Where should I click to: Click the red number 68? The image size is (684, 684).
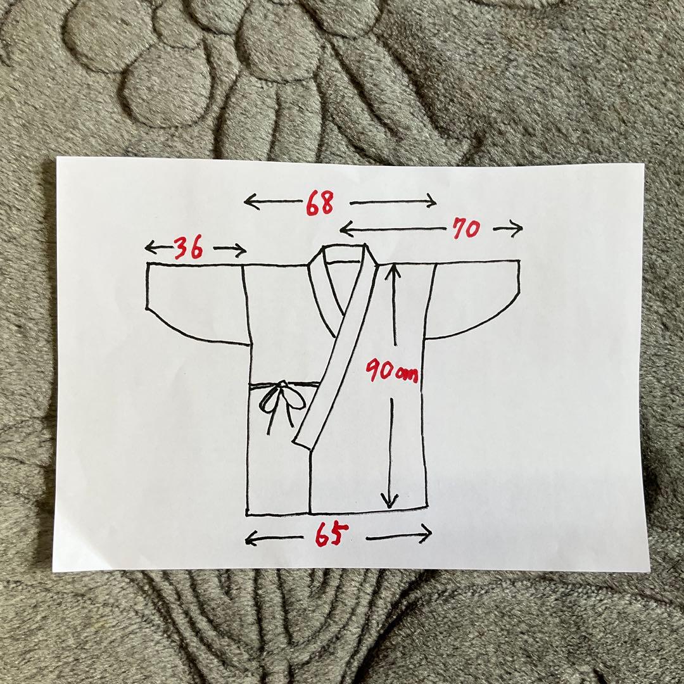click(x=320, y=203)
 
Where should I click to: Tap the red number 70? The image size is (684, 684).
click(x=466, y=229)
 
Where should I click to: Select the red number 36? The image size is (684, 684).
click(x=189, y=248)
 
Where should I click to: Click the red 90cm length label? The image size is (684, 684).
click(x=391, y=370)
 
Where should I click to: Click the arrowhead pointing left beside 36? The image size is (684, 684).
click(x=151, y=248)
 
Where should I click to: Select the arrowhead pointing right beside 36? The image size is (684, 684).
click(x=241, y=250)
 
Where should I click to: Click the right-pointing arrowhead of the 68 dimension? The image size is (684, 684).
click(x=431, y=201)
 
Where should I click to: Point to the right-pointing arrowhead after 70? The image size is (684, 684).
click(x=517, y=229)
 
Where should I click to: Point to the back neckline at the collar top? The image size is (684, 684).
click(x=345, y=262)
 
